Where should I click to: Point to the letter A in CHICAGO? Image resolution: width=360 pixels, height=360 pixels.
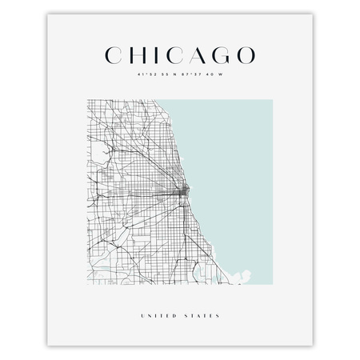click(x=198, y=55)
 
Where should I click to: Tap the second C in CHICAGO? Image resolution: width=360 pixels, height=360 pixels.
click(x=176, y=55)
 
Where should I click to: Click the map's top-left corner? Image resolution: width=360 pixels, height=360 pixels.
click(x=89, y=100)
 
